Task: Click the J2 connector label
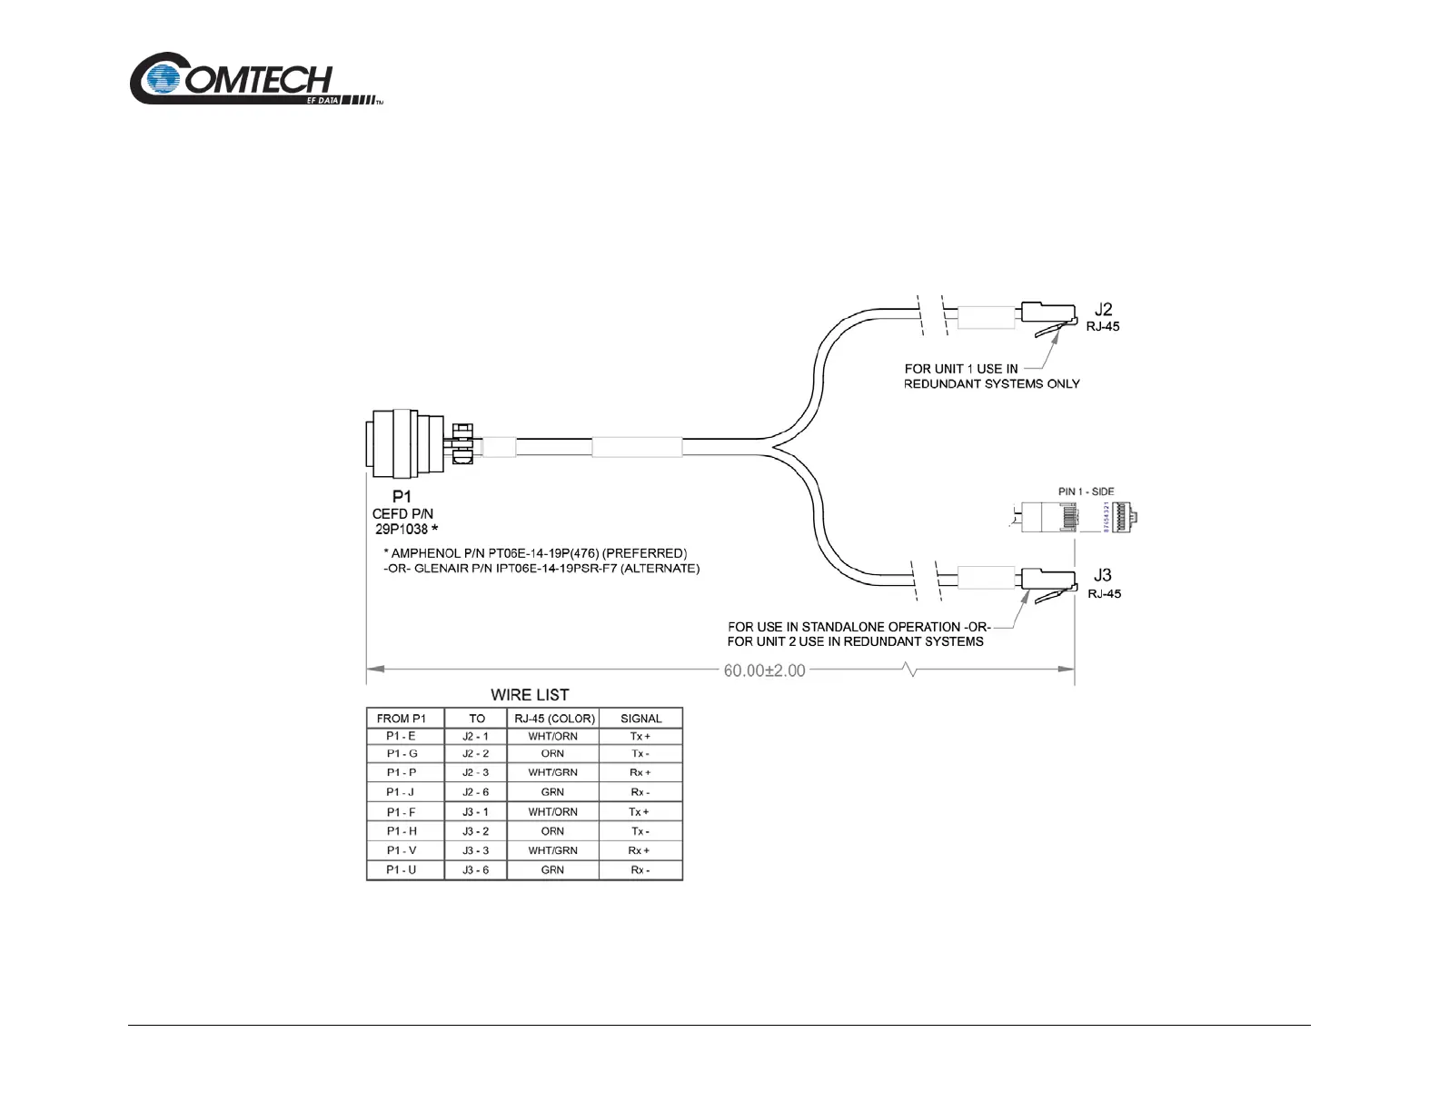(1103, 310)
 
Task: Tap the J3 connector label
(1103, 575)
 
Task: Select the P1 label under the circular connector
(402, 496)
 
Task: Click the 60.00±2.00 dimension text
(764, 670)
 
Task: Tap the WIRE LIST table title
(530, 695)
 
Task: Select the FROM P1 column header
(405, 718)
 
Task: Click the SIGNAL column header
(640, 718)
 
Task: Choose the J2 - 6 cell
(475, 792)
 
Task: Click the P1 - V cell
(402, 850)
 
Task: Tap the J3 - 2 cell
(475, 831)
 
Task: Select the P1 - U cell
(402, 869)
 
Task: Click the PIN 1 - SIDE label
(1086, 491)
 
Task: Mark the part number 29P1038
(402, 529)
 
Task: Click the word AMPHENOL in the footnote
(425, 552)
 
